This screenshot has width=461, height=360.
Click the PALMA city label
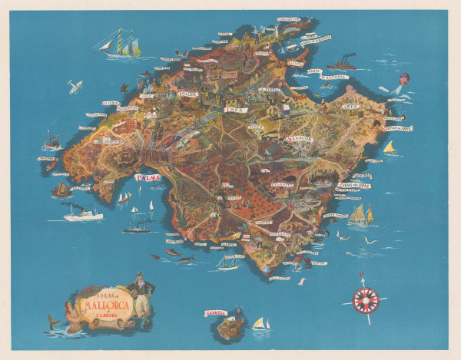point(148,178)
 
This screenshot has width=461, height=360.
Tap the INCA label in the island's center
point(233,110)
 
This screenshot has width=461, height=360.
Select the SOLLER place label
point(188,94)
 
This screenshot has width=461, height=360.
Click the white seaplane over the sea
point(75,87)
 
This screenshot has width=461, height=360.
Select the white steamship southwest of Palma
point(82,213)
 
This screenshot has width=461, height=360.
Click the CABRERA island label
point(216,313)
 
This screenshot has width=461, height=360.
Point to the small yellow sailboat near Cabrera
point(260,325)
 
